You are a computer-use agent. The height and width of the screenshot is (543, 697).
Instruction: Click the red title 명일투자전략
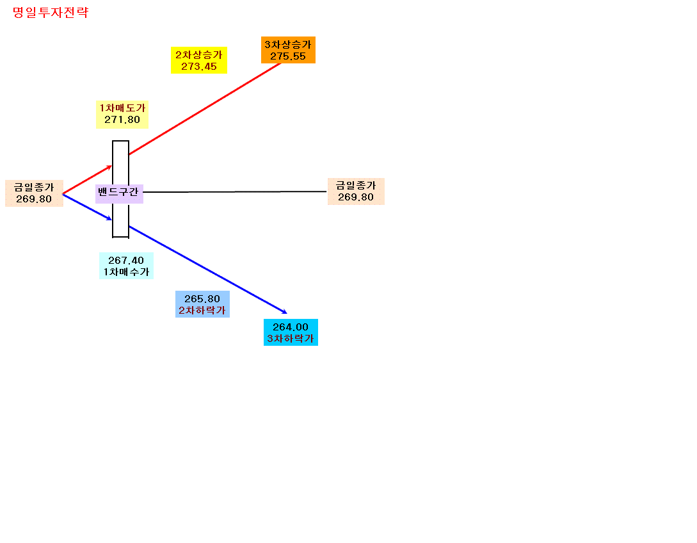click(x=51, y=12)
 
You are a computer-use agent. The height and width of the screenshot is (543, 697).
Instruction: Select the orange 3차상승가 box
click(x=288, y=50)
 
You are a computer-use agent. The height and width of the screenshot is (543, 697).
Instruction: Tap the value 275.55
click(x=288, y=56)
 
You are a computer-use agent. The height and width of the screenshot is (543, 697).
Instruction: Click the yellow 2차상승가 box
click(x=199, y=60)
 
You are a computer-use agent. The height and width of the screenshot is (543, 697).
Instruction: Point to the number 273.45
click(x=199, y=67)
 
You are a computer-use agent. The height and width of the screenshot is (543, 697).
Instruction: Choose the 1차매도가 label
click(x=122, y=108)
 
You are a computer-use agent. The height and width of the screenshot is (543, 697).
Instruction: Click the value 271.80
click(x=122, y=120)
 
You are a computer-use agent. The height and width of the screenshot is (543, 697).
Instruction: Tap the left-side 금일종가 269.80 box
click(x=34, y=193)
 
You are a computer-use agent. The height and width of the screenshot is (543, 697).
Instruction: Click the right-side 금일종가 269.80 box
click(x=356, y=191)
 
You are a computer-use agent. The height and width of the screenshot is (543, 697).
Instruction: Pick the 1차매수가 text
click(x=126, y=271)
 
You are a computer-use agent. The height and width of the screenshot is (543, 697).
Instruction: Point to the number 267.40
click(x=126, y=261)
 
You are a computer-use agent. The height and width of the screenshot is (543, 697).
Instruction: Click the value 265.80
click(x=202, y=299)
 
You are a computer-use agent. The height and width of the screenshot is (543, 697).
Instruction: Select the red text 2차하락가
click(x=202, y=311)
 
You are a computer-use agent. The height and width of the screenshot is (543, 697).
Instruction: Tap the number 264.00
click(x=291, y=327)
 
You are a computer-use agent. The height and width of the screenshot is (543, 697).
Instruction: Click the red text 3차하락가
click(x=291, y=339)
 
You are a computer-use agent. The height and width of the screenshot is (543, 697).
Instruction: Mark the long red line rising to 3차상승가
click(x=205, y=109)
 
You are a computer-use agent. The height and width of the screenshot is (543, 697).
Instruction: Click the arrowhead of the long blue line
click(x=285, y=312)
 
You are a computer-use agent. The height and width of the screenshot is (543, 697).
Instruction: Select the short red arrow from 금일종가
click(x=87, y=180)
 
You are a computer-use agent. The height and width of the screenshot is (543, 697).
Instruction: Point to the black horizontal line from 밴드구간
click(x=235, y=191)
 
